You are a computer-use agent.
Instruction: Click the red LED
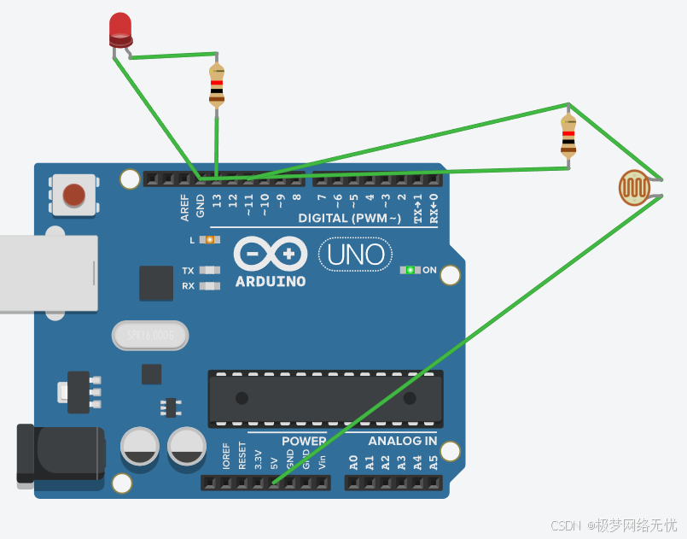(120, 29)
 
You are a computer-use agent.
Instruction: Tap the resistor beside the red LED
(217, 85)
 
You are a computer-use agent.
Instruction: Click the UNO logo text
(356, 254)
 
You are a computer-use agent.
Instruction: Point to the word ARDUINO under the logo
(271, 281)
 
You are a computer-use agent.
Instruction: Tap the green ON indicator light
(410, 270)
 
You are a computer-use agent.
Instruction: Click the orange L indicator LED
(207, 240)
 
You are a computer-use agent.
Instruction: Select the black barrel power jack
(60, 453)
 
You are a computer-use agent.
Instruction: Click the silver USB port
(47, 272)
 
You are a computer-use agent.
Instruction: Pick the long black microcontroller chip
(326, 399)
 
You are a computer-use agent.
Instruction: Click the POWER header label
(304, 441)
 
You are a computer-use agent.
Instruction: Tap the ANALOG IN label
(402, 441)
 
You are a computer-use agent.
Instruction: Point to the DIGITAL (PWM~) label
(350, 219)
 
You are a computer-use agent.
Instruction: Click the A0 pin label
(353, 463)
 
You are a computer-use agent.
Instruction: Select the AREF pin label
(184, 205)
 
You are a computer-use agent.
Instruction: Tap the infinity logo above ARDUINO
(270, 253)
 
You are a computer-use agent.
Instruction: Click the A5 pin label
(434, 463)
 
